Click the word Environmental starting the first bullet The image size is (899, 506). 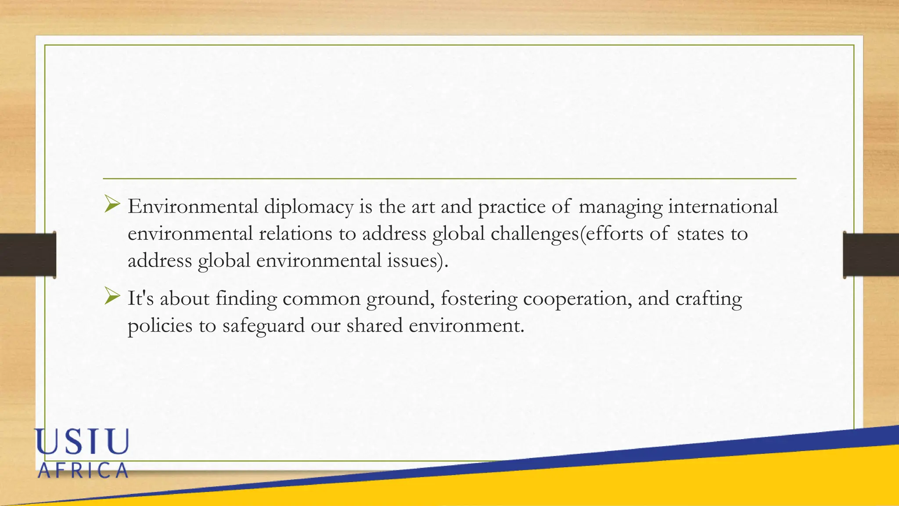pos(193,206)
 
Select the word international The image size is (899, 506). pos(723,206)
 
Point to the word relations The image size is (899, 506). pos(295,234)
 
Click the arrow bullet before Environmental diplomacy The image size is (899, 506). pos(112,204)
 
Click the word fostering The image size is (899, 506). pos(479,299)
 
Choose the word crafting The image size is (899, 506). pos(708,299)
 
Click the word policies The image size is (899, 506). pos(160,326)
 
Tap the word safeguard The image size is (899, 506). pos(263,326)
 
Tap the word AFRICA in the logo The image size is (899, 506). pos(83,471)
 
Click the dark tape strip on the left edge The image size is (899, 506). pos(28,255)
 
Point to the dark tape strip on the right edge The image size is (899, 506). pos(871,255)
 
